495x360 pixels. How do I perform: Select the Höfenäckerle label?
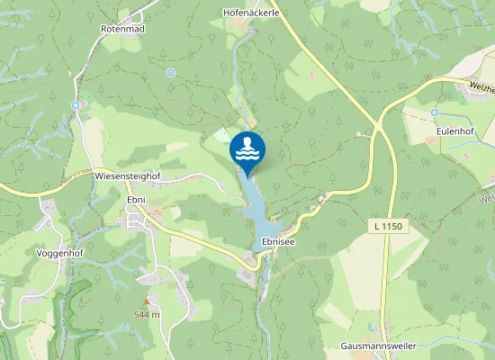coord(247,13)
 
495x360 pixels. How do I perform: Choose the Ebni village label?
coord(137,200)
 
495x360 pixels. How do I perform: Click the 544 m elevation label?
coord(147,314)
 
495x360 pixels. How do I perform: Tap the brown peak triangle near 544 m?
coord(147,301)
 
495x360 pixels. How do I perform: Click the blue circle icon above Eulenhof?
coord(434,112)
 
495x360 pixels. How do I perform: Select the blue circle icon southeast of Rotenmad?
coord(171,72)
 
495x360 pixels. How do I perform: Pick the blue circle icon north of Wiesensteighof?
coord(76,105)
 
